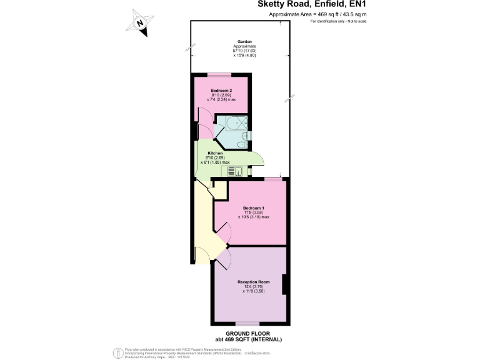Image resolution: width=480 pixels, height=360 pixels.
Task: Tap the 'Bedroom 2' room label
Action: point(221,91)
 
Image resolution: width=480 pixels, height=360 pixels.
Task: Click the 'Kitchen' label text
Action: point(216,153)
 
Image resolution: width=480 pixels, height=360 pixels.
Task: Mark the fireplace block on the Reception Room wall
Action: point(285,284)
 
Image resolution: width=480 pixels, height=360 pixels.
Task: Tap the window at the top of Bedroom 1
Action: point(272,179)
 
